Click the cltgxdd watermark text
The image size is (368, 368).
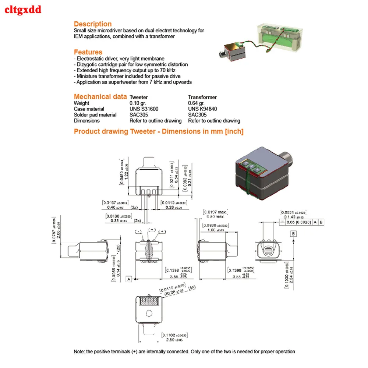point(22,10)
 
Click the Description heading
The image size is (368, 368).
point(93,24)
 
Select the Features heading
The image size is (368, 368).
point(88,52)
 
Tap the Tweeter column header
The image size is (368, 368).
point(139,97)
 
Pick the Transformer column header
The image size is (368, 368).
point(202,97)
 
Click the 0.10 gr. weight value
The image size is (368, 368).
point(137,103)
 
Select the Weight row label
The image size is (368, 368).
point(81,103)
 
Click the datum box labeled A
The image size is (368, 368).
point(129,279)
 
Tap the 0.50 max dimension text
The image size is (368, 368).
point(216,217)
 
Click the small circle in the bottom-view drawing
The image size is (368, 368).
point(149,314)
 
